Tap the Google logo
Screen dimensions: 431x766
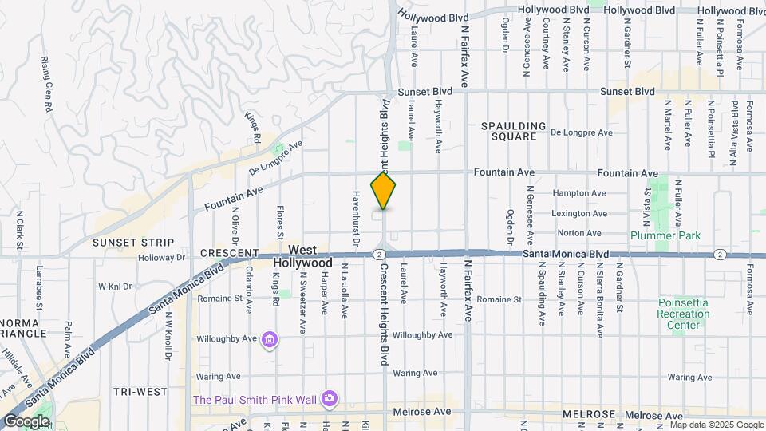pos(26,421)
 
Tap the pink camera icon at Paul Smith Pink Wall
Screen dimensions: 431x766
pos(329,397)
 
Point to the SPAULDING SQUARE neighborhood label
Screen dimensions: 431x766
pos(513,132)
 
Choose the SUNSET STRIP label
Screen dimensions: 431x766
pos(133,242)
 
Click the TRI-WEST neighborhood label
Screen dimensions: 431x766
pos(140,391)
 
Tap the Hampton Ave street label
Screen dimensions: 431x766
pos(578,193)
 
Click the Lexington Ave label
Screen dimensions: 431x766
pos(578,213)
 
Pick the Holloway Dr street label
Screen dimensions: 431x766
pos(161,257)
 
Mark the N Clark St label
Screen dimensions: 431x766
pos(19,229)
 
